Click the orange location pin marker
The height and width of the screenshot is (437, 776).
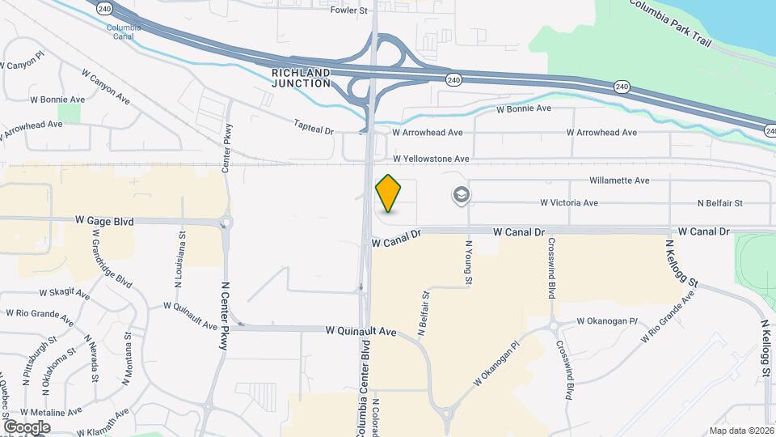pyautogui.click(x=389, y=193)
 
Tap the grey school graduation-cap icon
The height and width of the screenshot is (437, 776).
pyautogui.click(x=462, y=195)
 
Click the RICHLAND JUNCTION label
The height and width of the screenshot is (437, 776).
pyautogui.click(x=301, y=78)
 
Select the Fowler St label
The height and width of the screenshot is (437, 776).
pyautogui.click(x=349, y=11)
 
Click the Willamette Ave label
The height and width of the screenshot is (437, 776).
pyautogui.click(x=620, y=180)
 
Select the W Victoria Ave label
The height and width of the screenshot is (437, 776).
pyautogui.click(x=569, y=203)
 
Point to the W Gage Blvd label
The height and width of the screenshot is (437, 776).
pyautogui.click(x=104, y=221)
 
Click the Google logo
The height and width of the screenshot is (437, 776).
pyautogui.click(x=27, y=427)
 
